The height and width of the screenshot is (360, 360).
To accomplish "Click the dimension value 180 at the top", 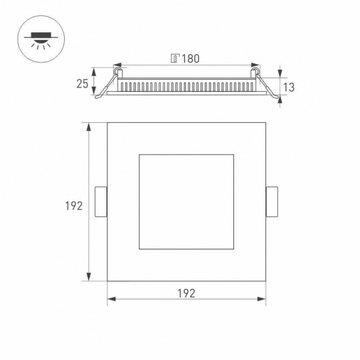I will [191, 59].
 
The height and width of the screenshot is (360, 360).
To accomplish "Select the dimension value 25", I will [83, 84].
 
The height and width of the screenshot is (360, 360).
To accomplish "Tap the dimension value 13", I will [289, 87].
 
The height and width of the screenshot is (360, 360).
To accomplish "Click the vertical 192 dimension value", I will [74, 206].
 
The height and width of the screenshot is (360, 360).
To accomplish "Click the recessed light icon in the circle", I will [39, 39].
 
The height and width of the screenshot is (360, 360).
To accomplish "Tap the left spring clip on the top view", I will [101, 202].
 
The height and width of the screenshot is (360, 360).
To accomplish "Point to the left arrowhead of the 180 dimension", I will [117, 64].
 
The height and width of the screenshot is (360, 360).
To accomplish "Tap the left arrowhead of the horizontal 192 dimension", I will [111, 299].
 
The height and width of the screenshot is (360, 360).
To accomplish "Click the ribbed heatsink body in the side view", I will [186, 85].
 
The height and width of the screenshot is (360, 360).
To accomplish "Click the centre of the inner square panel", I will [186, 202].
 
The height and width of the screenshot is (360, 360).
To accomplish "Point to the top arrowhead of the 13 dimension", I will [281, 70].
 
